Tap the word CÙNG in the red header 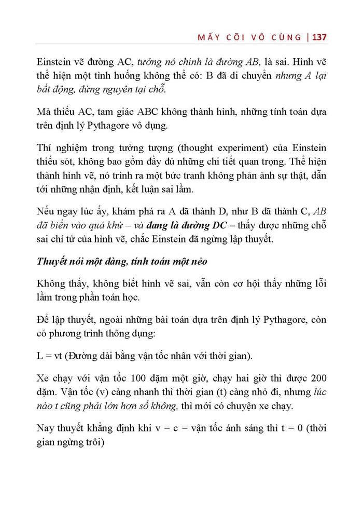click(286, 37)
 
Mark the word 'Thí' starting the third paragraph click(45, 161)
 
